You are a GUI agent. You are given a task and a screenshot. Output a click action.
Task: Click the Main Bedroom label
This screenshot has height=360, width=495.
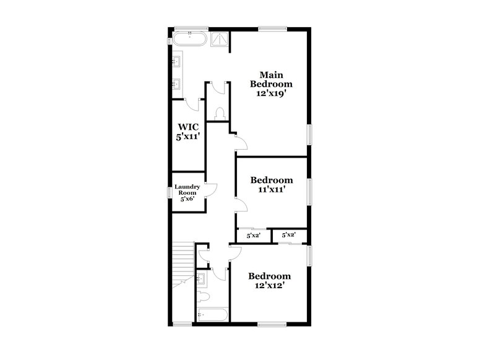coord(270,79)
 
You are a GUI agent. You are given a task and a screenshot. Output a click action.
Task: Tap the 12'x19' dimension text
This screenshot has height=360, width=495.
coord(270,93)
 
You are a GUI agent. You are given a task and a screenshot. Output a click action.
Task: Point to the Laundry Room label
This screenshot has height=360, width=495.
coord(186,189)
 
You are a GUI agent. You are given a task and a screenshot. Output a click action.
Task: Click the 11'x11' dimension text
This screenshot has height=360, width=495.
coord(271,190)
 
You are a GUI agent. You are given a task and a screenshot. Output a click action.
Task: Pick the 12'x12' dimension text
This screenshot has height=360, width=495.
coord(270,286)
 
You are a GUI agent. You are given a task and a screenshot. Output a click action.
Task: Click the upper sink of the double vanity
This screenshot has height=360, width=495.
coord(176,61)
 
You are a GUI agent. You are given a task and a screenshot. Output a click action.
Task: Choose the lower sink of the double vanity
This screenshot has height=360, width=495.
coord(176,84)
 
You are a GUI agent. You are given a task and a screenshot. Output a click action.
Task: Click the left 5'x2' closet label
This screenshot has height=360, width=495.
coord(254,236)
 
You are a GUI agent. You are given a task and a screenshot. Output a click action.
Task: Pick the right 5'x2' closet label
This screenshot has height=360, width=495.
coord(289,235)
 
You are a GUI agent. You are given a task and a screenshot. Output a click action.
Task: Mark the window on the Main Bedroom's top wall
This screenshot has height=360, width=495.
coord(272,28)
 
